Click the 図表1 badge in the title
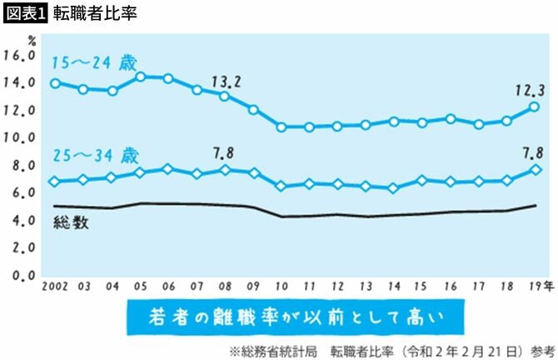25,14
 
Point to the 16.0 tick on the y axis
19,55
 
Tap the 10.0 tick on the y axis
19,137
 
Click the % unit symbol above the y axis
31,40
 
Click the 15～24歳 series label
92,62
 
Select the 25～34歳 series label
92,156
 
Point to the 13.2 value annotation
226,81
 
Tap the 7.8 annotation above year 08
226,152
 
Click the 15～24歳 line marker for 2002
55,83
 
